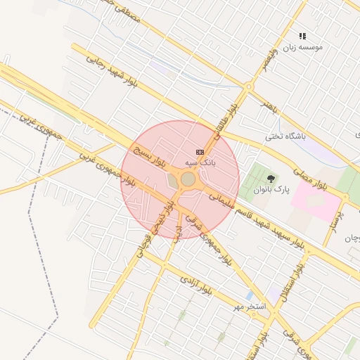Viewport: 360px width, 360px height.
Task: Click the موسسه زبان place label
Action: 303,47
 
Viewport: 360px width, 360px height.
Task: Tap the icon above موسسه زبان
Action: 303,36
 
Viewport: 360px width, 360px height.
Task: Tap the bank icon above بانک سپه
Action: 200,152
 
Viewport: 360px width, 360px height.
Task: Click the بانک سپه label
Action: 200,162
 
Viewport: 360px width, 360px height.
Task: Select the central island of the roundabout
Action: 188,180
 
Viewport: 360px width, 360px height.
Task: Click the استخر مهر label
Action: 250,307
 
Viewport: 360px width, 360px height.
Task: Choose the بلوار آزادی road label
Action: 193,283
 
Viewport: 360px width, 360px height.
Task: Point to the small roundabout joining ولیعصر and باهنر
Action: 248,86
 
